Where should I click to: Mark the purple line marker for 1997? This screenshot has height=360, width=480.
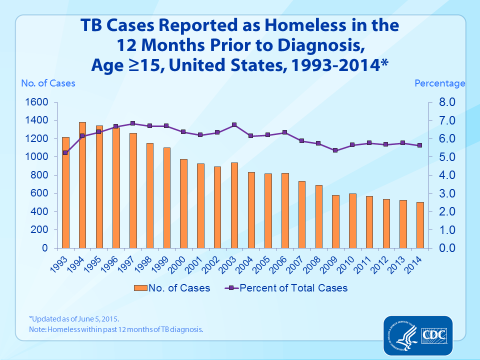pyautogui.click(x=132, y=123)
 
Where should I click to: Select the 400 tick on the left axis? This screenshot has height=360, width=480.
pyautogui.click(x=40, y=211)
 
